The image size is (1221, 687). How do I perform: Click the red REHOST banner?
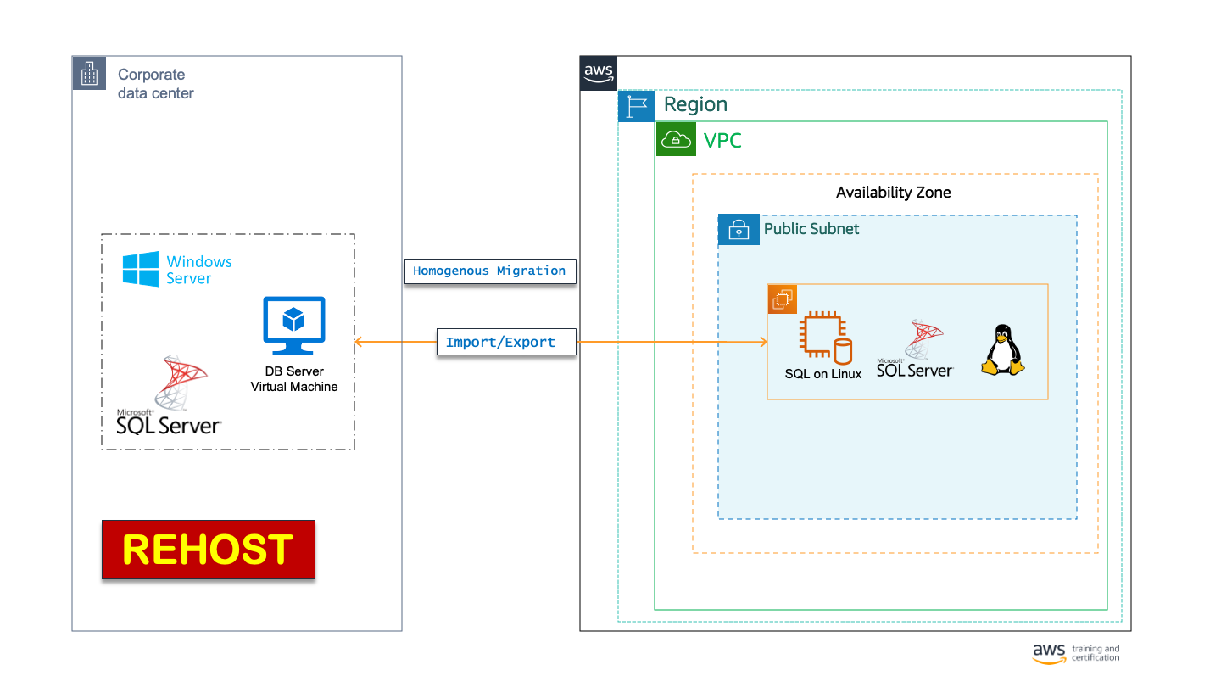pyautogui.click(x=209, y=550)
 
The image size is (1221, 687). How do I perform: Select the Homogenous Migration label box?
pyautogui.click(x=490, y=271)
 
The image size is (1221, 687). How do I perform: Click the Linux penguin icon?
pyautogui.click(x=1002, y=349)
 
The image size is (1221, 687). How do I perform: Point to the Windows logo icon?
pyautogui.click(x=140, y=270)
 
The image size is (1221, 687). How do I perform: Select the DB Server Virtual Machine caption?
pyautogui.click(x=294, y=379)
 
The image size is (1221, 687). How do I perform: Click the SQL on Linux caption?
pyautogui.click(x=822, y=374)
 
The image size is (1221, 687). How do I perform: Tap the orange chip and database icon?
pyautogui.click(x=825, y=338)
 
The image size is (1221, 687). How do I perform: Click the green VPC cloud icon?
pyautogui.click(x=676, y=139)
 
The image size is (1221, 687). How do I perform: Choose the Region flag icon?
pyautogui.click(x=637, y=106)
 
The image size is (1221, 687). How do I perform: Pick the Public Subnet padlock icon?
pyautogui.click(x=739, y=230)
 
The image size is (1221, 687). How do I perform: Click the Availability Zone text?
pyautogui.click(x=893, y=193)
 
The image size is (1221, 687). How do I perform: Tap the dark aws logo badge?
pyautogui.click(x=599, y=73)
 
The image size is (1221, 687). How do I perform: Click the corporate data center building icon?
pyautogui.click(x=89, y=74)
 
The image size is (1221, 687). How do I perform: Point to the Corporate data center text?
pyautogui.click(x=155, y=84)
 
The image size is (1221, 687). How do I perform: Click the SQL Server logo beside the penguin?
pyautogui.click(x=916, y=349)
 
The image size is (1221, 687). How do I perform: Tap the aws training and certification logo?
pyautogui.click(x=1075, y=652)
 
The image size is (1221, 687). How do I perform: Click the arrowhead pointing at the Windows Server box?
pyautogui.click(x=359, y=342)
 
